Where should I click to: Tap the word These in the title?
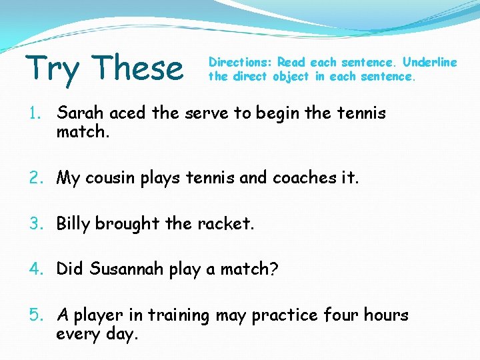point(138,67)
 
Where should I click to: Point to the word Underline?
point(430,62)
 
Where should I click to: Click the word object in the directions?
point(291,76)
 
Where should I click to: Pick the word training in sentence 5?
point(179,315)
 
